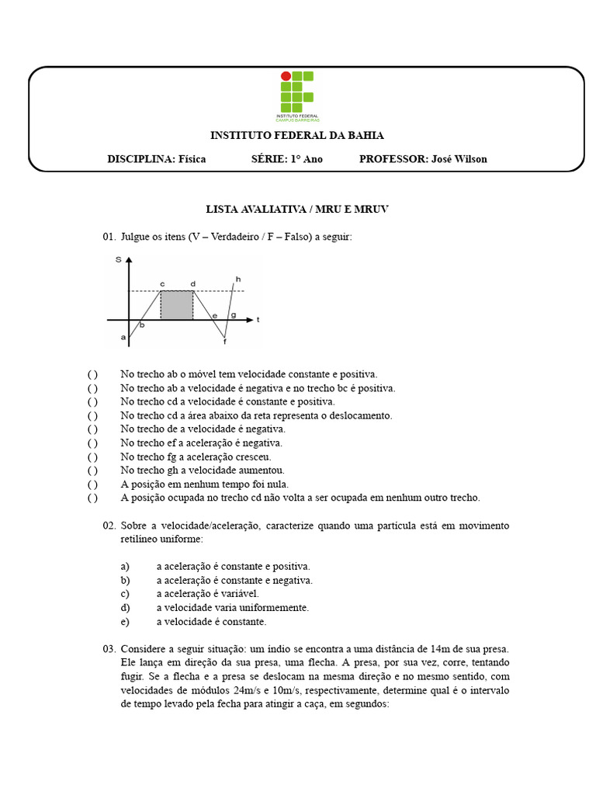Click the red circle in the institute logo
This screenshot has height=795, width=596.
(285, 76)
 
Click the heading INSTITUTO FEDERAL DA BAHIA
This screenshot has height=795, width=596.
(297, 136)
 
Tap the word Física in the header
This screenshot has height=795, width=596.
(192, 159)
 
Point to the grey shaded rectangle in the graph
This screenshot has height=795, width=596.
(177, 305)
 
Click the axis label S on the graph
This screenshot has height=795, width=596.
(118, 260)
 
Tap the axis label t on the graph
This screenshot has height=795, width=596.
(258, 319)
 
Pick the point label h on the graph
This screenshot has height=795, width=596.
(238, 279)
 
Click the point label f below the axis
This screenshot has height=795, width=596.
(225, 342)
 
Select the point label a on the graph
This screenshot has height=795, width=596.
(123, 338)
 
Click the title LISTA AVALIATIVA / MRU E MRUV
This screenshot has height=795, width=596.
(297, 210)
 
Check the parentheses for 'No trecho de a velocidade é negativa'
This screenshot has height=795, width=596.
(92, 429)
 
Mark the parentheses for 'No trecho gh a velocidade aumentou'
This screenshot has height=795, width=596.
(92, 470)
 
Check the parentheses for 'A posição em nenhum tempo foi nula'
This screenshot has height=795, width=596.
(92, 484)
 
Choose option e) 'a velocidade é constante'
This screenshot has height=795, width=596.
(124, 622)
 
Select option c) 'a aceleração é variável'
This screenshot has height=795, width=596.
(124, 594)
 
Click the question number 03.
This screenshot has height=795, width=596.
(109, 649)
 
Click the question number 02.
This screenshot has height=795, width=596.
(109, 526)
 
